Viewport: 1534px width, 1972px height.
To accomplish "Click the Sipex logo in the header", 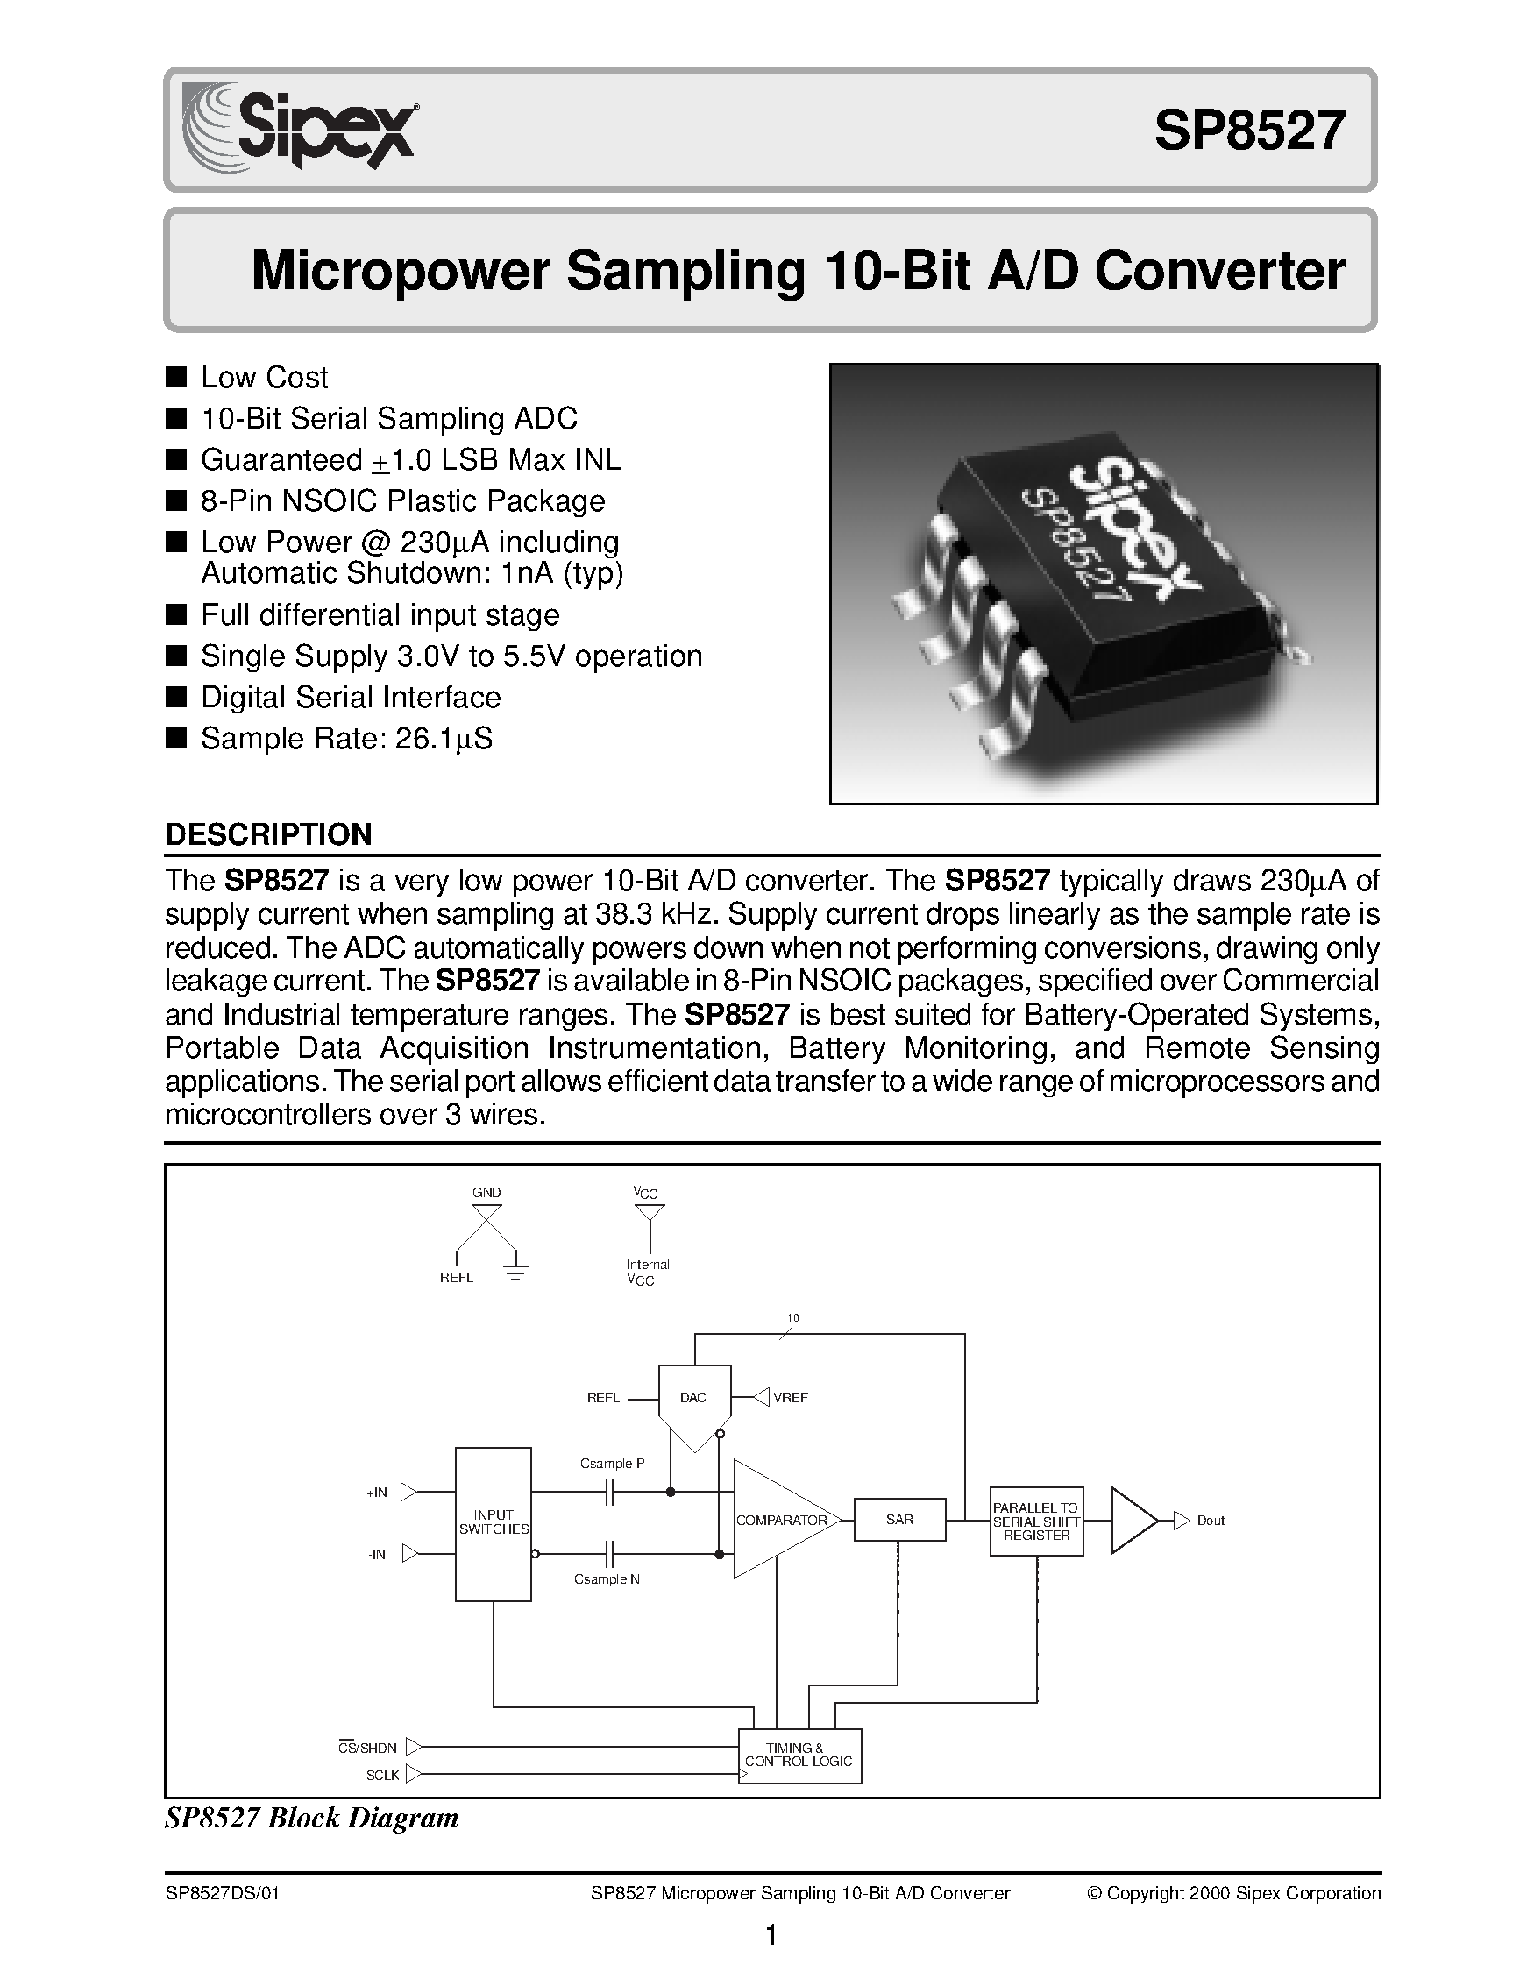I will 300,126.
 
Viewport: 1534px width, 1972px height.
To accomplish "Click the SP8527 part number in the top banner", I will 1250,131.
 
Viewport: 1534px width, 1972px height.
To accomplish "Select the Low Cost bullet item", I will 264,377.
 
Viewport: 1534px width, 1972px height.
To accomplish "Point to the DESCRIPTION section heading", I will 268,834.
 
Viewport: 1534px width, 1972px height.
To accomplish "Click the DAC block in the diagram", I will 693,1399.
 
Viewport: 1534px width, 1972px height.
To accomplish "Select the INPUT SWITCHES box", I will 493,1522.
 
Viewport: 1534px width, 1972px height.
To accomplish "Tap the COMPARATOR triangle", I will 778,1521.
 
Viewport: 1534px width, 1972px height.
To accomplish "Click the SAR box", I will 899,1521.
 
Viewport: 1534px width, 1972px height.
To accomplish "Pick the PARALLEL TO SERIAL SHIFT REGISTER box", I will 1035,1522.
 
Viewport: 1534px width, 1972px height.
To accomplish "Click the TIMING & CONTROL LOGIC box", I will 799,1756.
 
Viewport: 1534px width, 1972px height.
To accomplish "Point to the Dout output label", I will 1210,1522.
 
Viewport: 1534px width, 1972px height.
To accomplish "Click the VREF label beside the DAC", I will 790,1398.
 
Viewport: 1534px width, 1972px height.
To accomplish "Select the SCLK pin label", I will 383,1775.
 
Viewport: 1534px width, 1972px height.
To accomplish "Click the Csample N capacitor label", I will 607,1579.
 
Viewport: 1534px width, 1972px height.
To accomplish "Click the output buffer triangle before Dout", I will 1132,1521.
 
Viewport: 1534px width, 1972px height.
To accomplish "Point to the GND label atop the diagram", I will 486,1193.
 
